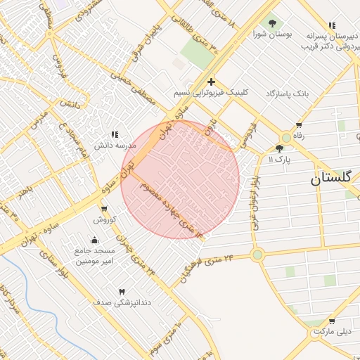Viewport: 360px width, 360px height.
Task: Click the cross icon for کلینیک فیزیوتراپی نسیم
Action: (x=211, y=82)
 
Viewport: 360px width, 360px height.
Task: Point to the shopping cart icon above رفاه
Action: (x=300, y=126)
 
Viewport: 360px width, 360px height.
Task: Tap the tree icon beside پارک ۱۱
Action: (x=280, y=148)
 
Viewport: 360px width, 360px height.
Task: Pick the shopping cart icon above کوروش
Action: (x=105, y=210)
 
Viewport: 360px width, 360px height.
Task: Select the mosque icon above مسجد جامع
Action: (x=95, y=240)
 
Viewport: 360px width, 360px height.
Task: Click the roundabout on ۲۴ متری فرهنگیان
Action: (x=257, y=255)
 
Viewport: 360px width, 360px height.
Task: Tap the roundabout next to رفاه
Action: (x=286, y=138)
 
